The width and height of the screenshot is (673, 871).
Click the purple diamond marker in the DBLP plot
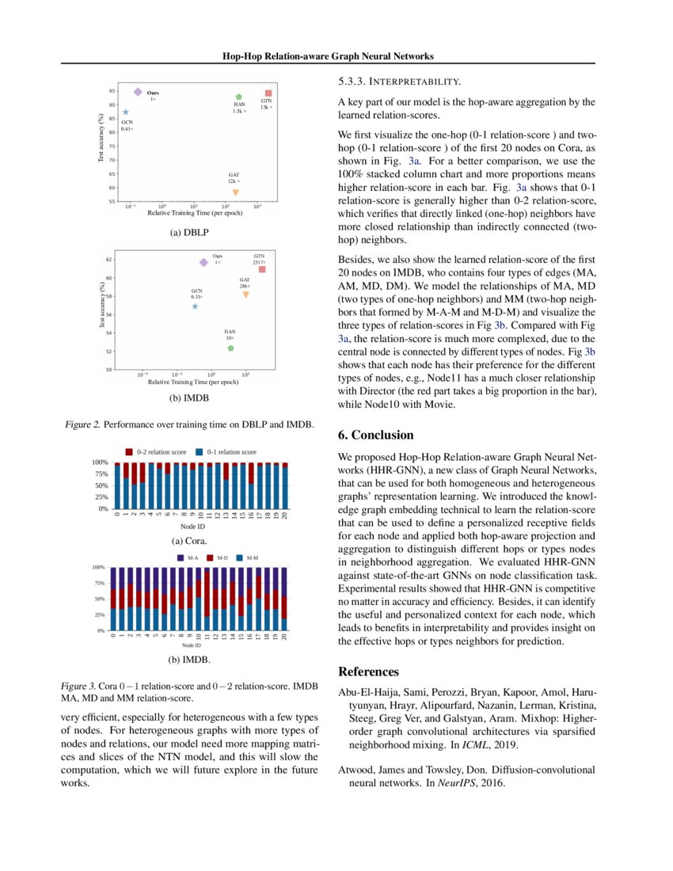tap(138, 93)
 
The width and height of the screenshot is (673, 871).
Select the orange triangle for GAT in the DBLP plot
tap(235, 192)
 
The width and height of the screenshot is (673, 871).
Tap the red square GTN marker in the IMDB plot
tap(262, 270)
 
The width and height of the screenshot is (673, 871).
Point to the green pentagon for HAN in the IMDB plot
tap(230, 348)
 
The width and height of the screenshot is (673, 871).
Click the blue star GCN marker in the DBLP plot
tap(125, 112)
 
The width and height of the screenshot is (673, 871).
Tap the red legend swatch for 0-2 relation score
tap(129, 452)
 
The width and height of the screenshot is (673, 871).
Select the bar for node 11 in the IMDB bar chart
tap(207, 599)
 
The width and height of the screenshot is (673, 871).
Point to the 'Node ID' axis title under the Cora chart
tap(192, 527)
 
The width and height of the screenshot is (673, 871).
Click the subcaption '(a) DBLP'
tap(188, 234)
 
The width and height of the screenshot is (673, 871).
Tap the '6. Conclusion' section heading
tap(376, 435)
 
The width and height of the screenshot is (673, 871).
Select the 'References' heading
tap(369, 672)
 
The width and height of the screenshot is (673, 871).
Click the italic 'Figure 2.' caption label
tap(82, 425)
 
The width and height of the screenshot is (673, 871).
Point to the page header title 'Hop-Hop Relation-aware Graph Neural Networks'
tap(328, 56)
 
